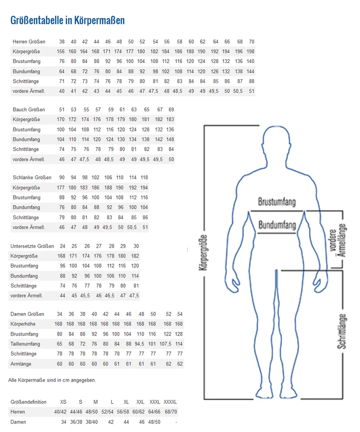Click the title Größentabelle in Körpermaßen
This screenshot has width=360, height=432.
pyautogui.click(x=67, y=21)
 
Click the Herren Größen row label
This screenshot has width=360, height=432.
pyautogui.click(x=29, y=42)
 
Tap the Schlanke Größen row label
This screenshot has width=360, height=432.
pyautogui.click(x=32, y=177)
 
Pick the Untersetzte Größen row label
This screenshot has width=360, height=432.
pyautogui.click(x=32, y=246)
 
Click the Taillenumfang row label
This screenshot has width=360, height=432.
pyautogui.click(x=25, y=344)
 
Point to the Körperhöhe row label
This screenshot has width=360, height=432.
pyautogui.click(x=23, y=324)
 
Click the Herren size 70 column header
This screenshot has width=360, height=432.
pyautogui.click(x=251, y=42)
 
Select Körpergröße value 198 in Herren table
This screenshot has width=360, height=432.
pyautogui.click(x=251, y=52)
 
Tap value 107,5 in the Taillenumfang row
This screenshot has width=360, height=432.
pyautogui.click(x=166, y=344)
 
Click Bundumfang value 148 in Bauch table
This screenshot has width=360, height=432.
pyautogui.click(x=171, y=139)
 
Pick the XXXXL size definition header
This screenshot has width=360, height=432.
pyautogui.click(x=170, y=402)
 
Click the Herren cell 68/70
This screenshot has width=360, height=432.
pyautogui.click(x=170, y=412)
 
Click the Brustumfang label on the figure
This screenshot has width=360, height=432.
pyautogui.click(x=277, y=202)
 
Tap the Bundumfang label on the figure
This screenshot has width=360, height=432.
pyautogui.click(x=277, y=225)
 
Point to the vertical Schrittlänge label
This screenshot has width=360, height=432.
pyautogui.click(x=342, y=331)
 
